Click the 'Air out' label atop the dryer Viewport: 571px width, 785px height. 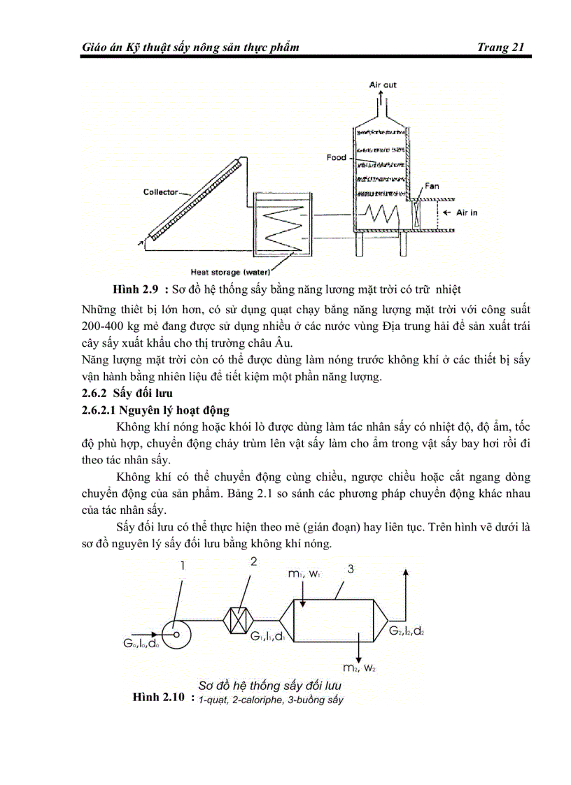[383, 85]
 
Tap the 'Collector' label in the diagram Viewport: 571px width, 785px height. [161, 192]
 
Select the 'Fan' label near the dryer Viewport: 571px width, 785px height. [432, 187]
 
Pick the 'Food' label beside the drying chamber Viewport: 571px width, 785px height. [337, 157]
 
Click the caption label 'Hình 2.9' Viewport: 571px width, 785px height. [134, 289]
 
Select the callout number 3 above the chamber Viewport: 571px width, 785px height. [351, 569]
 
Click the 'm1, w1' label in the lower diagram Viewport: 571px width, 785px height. [304, 574]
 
